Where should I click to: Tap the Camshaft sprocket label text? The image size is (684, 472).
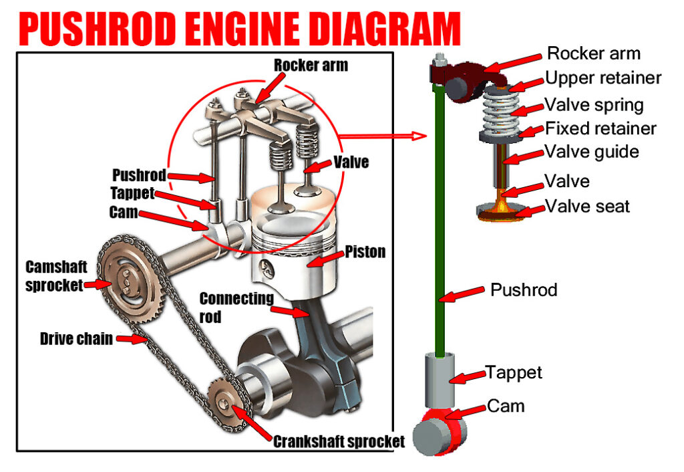55,275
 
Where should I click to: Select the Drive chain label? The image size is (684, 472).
75,338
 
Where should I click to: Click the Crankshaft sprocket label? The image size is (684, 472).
339,441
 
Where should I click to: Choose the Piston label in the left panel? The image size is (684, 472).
365,252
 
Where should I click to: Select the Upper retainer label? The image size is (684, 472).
603,78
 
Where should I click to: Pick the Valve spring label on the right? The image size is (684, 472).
594,105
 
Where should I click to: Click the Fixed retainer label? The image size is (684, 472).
601,128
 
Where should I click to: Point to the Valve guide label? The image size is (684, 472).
591,152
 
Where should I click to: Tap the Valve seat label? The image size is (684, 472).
587,206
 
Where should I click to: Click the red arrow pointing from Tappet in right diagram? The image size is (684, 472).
468,378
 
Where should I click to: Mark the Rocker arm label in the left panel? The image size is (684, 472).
311,66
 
